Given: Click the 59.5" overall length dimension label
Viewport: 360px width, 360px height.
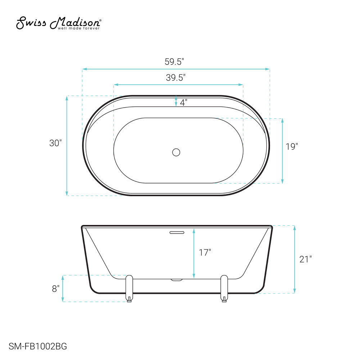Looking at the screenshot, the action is coord(175,62).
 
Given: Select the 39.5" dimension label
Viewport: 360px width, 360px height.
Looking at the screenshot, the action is coord(176,78).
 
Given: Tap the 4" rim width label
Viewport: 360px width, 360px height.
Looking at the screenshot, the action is coord(184,103).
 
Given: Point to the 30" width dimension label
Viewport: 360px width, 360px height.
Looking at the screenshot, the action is coord(55,143).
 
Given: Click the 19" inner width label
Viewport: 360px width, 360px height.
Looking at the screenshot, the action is coord(292,147).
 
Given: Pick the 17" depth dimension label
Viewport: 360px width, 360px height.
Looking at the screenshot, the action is coord(205,253).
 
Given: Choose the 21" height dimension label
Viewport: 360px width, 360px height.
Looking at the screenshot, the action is coord(306,259).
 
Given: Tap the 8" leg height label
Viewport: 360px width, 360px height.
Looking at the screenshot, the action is coord(55,289).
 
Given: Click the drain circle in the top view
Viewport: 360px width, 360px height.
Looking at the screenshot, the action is coord(176,152).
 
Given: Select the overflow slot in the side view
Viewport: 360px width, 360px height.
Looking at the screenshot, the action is coord(177,233).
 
